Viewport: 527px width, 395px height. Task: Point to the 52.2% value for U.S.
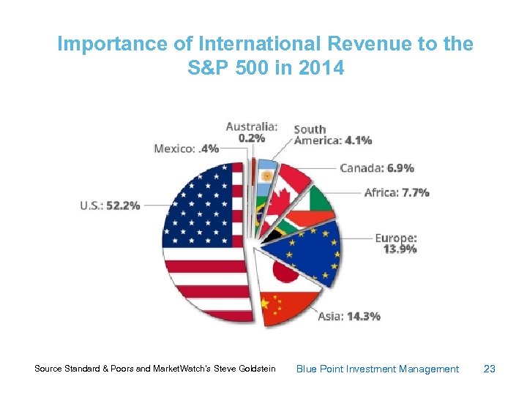coord(123,206)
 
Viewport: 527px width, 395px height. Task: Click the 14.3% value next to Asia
coord(363,317)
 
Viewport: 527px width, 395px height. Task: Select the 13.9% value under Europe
coord(400,249)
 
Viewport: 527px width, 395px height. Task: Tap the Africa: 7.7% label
coord(397,193)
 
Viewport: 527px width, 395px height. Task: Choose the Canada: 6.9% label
coord(377,168)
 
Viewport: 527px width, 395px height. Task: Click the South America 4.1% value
coord(358,140)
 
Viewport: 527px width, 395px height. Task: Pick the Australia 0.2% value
coord(252,138)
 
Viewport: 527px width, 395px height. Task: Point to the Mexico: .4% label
coord(186,148)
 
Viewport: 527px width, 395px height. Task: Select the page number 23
coord(490,369)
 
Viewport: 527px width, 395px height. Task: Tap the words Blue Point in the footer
coord(319,369)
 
